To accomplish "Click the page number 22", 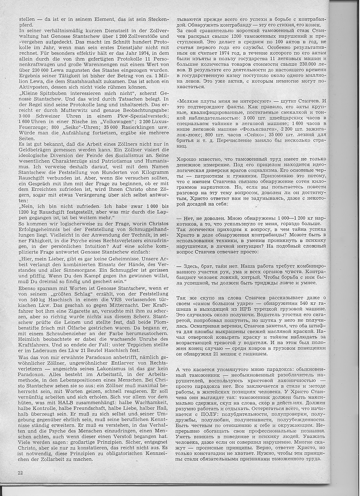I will tap(20, 472).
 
